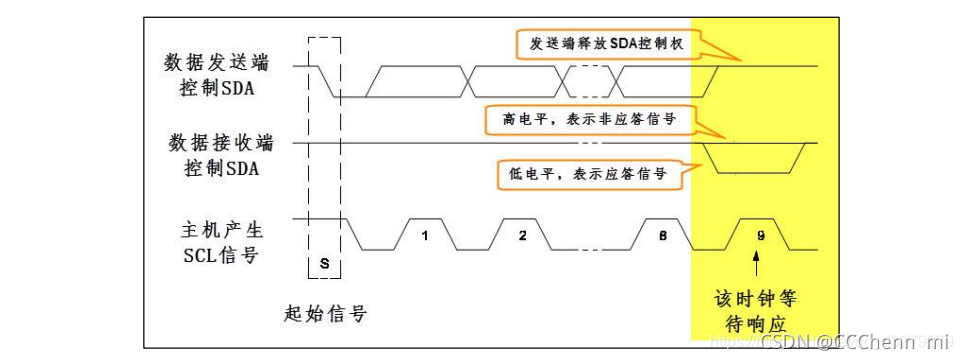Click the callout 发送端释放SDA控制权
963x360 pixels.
pyautogui.click(x=607, y=45)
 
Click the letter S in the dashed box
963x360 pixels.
pyautogui.click(x=325, y=260)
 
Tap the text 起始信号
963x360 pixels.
pyautogui.click(x=325, y=314)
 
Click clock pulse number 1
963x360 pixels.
pyautogui.click(x=425, y=236)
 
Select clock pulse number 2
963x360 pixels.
pyautogui.click(x=521, y=236)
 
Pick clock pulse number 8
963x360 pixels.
pyautogui.click(x=664, y=236)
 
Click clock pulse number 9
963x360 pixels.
pyautogui.click(x=761, y=236)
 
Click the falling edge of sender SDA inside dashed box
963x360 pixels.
pyautogui.click(x=325, y=82)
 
